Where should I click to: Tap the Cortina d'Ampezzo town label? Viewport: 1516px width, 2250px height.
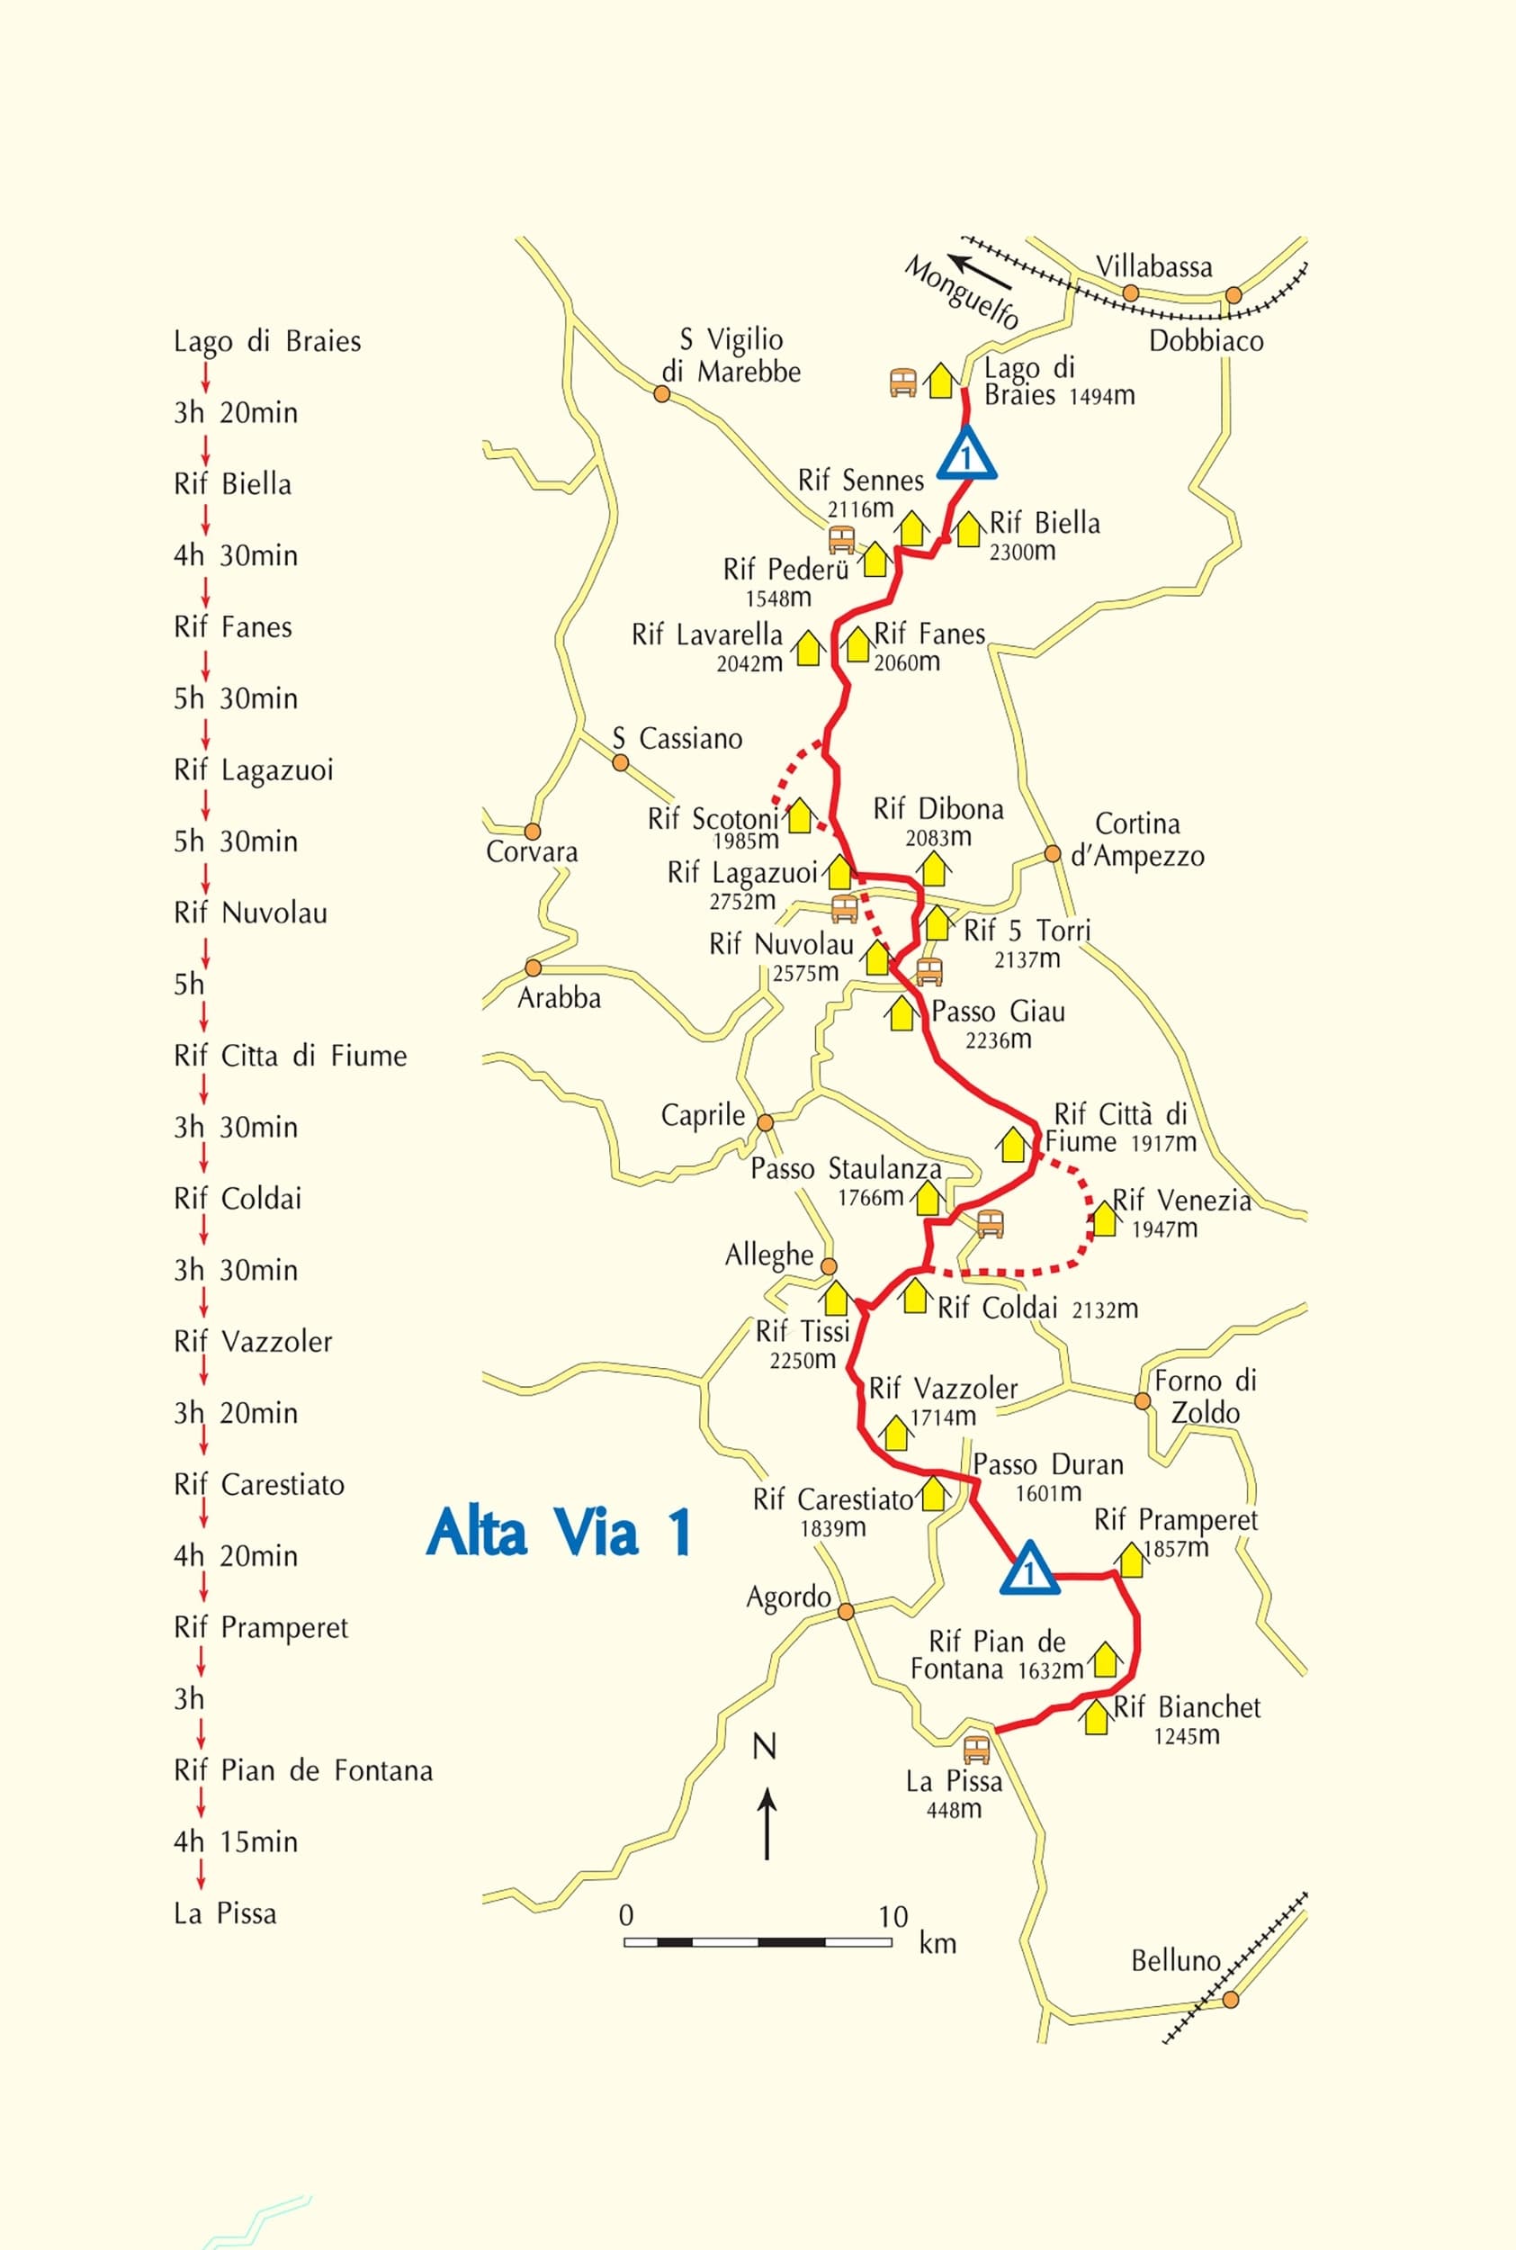(x=1137, y=840)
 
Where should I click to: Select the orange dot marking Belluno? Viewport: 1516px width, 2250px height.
(x=1230, y=1999)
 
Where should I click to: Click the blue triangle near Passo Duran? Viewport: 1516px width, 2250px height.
(x=1029, y=1569)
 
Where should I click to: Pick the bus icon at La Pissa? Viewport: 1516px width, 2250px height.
(x=976, y=1749)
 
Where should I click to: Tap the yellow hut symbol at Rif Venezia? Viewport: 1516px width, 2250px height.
(x=1103, y=1219)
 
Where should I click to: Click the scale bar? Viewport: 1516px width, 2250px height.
(x=757, y=1940)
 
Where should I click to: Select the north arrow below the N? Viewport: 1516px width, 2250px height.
(x=767, y=1822)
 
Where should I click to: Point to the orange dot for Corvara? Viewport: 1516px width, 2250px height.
(x=532, y=831)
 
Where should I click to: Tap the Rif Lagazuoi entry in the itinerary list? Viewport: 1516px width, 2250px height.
(x=254, y=769)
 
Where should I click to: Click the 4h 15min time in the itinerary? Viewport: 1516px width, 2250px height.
(x=236, y=1841)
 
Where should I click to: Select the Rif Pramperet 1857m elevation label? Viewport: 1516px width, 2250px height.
(x=1176, y=1548)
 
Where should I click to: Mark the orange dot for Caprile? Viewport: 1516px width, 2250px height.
(x=765, y=1122)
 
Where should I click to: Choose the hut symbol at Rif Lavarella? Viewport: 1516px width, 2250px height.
(x=807, y=647)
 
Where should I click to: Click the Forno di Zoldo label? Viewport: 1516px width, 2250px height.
(x=1205, y=1396)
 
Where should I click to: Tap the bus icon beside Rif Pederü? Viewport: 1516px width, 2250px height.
(x=841, y=538)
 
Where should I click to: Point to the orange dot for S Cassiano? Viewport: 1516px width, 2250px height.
(x=621, y=762)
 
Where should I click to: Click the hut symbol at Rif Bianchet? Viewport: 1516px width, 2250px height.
(x=1096, y=1717)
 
